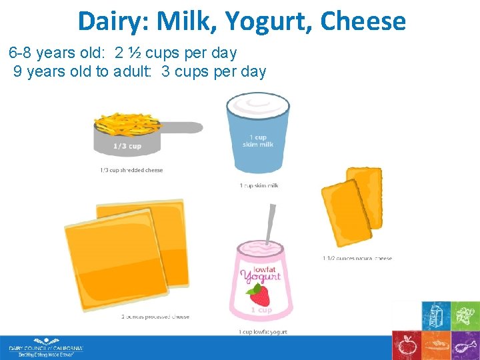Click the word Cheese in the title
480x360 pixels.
point(363,21)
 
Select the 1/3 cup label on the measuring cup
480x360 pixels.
point(127,146)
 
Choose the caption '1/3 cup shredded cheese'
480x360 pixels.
point(131,171)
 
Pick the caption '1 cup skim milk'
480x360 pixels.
point(259,185)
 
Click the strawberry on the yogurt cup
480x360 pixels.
point(257,294)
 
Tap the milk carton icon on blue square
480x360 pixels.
point(436,315)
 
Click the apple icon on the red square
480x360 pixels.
point(406,345)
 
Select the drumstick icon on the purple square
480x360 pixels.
point(465,345)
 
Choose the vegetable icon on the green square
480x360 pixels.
point(465,315)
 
